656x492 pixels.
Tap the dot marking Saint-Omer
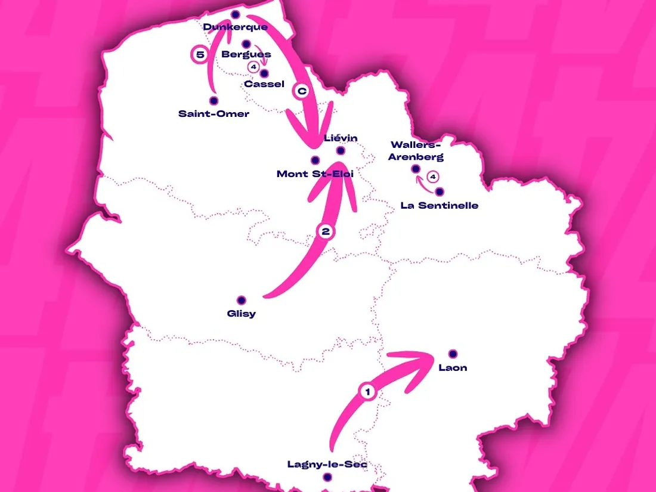coord(213,101)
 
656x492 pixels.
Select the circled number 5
coord(200,55)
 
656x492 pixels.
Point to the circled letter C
coord(302,91)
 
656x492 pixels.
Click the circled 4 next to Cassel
coord(254,67)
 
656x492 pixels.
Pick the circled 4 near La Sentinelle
coord(434,177)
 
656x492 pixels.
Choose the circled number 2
coord(325,232)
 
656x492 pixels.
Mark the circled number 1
coord(368,392)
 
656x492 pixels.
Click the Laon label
coord(453,367)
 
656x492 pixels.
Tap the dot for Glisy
coord(242,300)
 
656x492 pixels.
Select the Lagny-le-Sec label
coord(327,464)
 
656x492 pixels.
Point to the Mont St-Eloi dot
coord(315,160)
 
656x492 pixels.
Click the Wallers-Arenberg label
coord(417,151)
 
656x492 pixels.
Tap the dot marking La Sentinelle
coord(440,192)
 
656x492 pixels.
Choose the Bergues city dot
coord(246,44)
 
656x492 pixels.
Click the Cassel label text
coord(264,84)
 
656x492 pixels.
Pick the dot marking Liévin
coord(341,151)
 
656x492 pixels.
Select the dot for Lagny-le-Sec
coord(327,477)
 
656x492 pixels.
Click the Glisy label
coord(242,314)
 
